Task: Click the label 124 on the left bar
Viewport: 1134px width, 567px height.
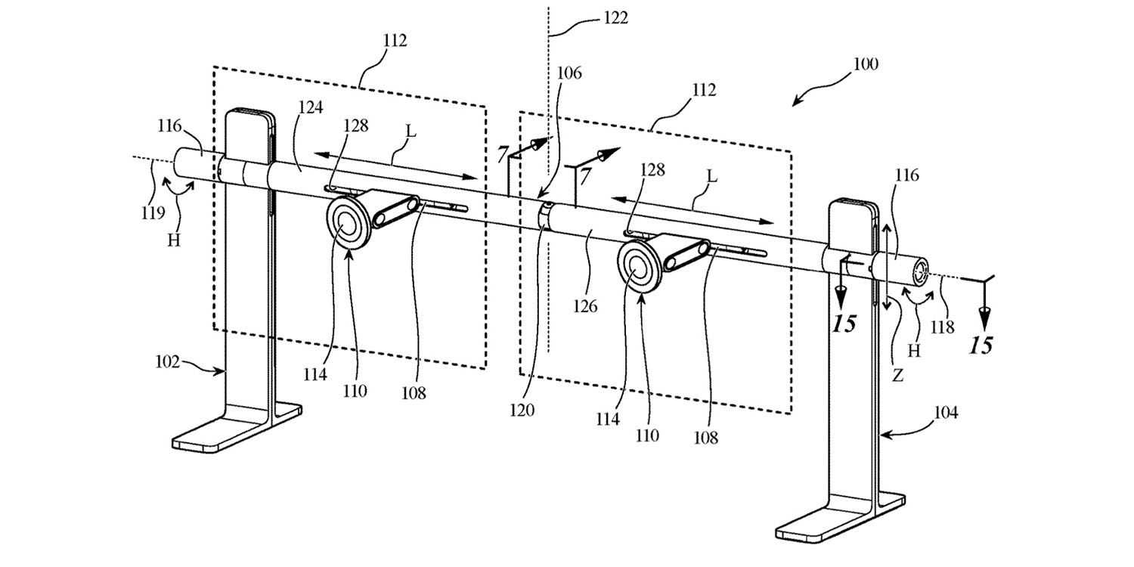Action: click(x=311, y=108)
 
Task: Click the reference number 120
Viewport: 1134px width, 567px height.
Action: click(x=522, y=410)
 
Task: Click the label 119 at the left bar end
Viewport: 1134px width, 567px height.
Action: click(x=152, y=213)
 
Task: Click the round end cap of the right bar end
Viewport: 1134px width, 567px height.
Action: click(x=921, y=272)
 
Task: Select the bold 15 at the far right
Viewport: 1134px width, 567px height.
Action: click(x=981, y=346)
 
